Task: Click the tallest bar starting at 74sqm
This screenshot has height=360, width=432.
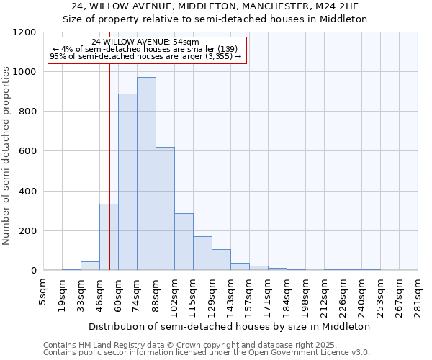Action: tap(146, 174)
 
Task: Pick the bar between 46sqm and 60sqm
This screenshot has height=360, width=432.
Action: tap(109, 237)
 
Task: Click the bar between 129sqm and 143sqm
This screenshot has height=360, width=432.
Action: tap(221, 260)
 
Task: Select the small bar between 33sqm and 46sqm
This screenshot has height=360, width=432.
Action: tap(90, 266)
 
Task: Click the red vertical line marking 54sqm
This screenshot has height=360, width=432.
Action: tap(109, 144)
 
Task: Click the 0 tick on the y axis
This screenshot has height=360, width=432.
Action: tap(34, 271)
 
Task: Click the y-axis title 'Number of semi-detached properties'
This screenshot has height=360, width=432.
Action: tap(6, 152)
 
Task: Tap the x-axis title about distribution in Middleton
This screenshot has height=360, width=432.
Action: tap(230, 326)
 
